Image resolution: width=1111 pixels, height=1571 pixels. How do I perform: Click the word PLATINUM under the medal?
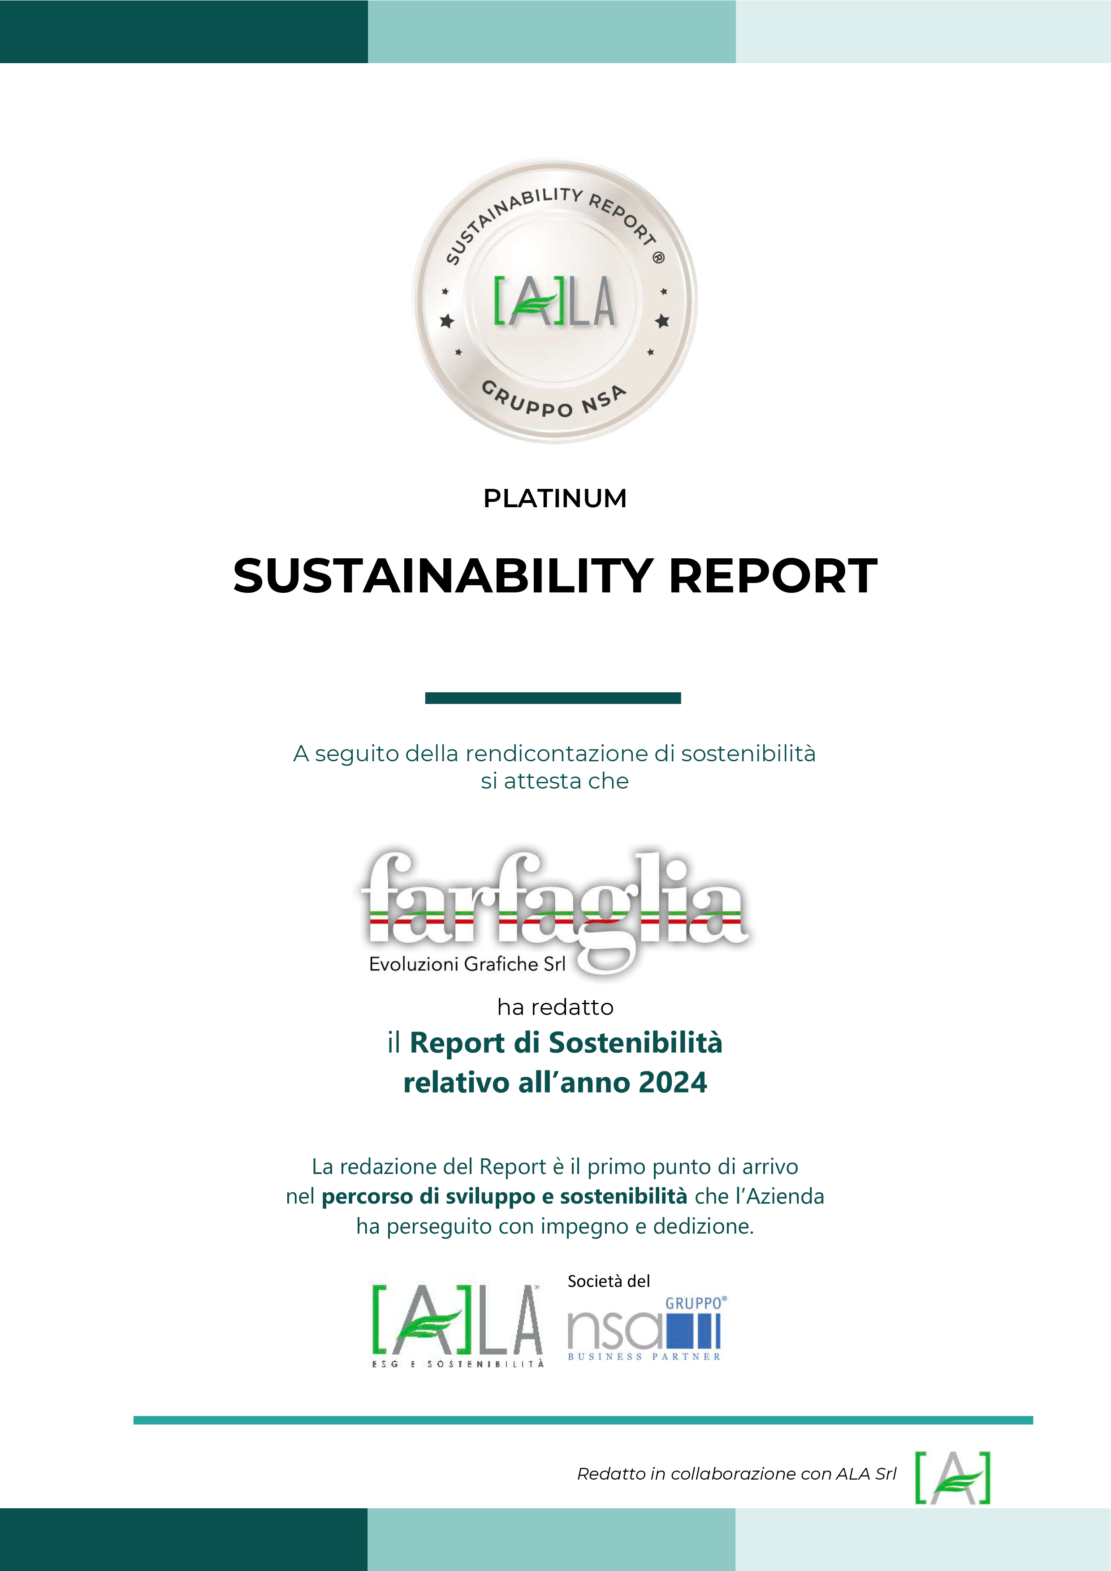[x=554, y=498]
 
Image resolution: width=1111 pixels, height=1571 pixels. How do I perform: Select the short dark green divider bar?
[x=553, y=698]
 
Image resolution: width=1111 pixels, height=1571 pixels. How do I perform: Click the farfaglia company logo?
[x=554, y=910]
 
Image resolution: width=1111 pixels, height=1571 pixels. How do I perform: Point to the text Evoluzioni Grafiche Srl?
[x=467, y=964]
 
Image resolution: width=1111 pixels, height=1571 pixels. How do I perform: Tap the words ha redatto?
[x=555, y=1007]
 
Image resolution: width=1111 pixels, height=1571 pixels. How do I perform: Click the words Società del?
[x=609, y=1281]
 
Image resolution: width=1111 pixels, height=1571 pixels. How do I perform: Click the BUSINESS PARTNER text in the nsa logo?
[x=644, y=1356]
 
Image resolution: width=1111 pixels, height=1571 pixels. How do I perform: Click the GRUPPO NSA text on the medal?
[x=554, y=400]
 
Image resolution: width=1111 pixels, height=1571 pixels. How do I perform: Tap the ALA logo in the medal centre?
[x=554, y=302]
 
